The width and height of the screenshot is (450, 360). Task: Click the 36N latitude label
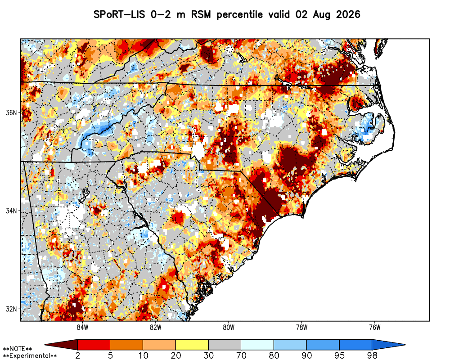click(x=11, y=112)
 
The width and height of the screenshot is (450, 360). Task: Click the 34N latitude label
click(x=11, y=211)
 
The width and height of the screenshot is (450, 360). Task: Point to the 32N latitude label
click(x=11, y=309)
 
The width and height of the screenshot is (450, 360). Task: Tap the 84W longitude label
click(x=82, y=327)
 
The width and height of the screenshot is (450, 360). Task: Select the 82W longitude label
click(x=156, y=327)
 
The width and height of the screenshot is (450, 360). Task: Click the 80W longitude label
click(x=229, y=327)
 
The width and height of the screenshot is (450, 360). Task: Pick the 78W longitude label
click(x=301, y=327)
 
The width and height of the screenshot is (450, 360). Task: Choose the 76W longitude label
click(x=375, y=327)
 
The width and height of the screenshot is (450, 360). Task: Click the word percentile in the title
click(x=240, y=15)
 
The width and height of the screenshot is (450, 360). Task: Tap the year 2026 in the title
click(x=348, y=14)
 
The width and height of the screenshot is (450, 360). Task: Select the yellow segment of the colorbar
click(x=192, y=344)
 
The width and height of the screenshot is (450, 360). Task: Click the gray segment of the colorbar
click(x=225, y=344)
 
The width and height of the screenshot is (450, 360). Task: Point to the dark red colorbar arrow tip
click(x=45, y=344)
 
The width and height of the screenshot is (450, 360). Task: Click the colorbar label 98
click(x=372, y=355)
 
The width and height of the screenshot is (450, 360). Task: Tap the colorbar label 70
click(x=241, y=355)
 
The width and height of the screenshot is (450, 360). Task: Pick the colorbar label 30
click(x=208, y=355)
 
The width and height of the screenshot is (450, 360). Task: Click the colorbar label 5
click(x=111, y=355)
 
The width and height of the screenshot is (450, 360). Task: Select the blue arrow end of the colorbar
click(x=405, y=344)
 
